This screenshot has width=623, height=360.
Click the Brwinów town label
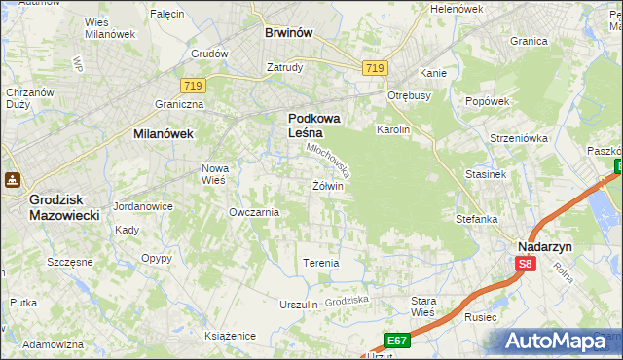click(289, 32)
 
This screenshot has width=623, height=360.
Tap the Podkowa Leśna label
click(313, 126)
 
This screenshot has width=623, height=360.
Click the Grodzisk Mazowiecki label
click(64, 205)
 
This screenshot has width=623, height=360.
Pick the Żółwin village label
click(328, 186)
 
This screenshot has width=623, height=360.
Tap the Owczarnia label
click(253, 212)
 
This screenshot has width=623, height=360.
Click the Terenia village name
click(321, 264)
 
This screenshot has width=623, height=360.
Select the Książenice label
click(230, 336)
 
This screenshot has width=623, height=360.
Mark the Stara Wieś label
click(423, 306)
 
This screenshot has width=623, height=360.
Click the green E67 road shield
click(395, 341)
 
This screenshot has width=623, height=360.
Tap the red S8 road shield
click(526, 264)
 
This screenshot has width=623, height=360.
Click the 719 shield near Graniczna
click(192, 87)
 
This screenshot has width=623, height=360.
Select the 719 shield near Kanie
click(376, 68)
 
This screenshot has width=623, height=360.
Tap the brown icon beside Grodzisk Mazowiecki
click(14, 180)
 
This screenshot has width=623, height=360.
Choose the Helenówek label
click(457, 9)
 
